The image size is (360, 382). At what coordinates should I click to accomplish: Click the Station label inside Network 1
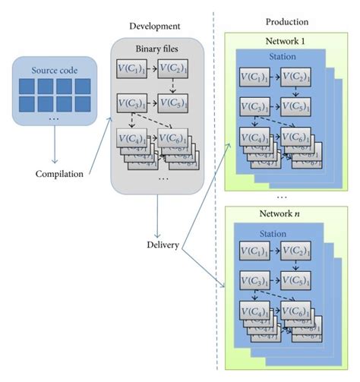click(x=282, y=56)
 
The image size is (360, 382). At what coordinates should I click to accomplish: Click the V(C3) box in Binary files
click(x=133, y=103)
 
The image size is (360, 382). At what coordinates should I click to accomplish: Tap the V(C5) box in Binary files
click(x=174, y=103)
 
